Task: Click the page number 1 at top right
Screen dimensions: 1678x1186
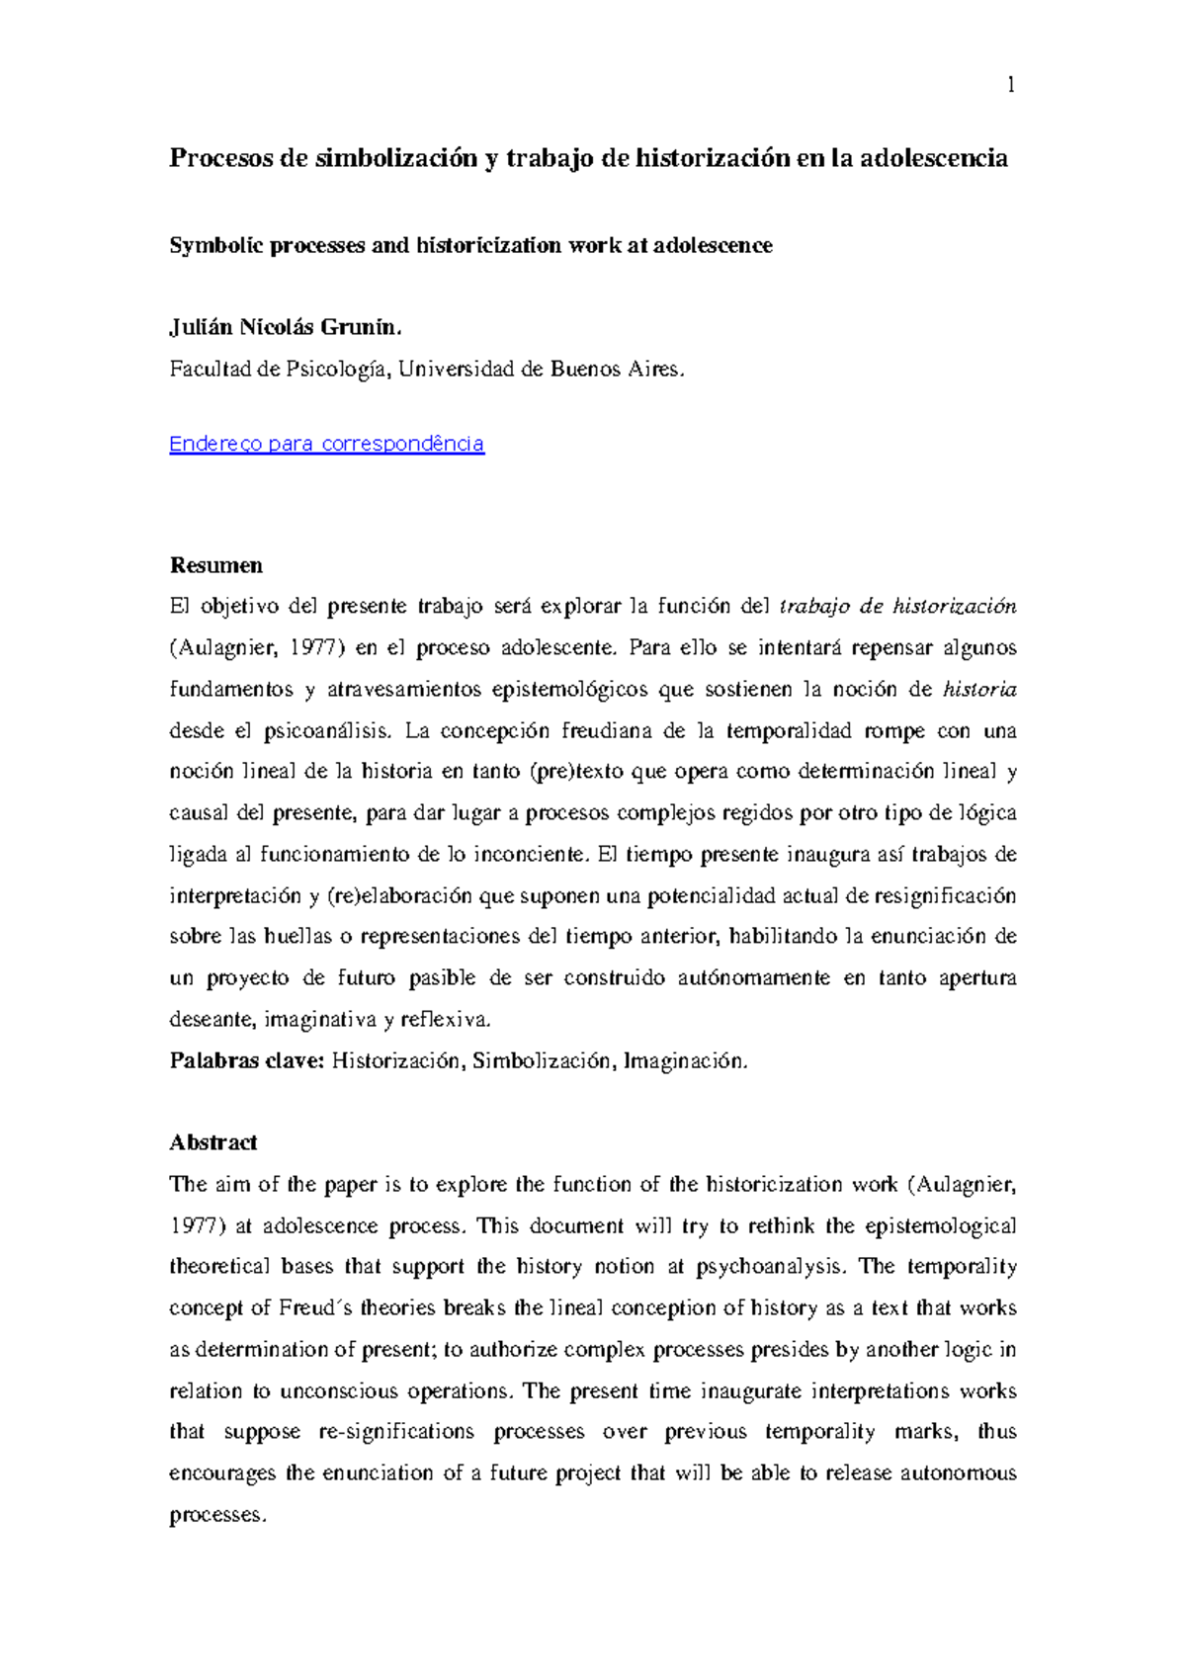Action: pos(1011,86)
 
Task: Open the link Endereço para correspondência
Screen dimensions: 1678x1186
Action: pos(326,444)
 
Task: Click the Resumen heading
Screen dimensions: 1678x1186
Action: pos(215,565)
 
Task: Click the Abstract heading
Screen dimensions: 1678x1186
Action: pos(212,1142)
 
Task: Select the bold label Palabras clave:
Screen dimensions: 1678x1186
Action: pos(246,1061)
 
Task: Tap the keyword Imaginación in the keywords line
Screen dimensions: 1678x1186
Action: pos(685,1061)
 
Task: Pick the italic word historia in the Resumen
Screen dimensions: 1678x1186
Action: pos(979,690)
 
